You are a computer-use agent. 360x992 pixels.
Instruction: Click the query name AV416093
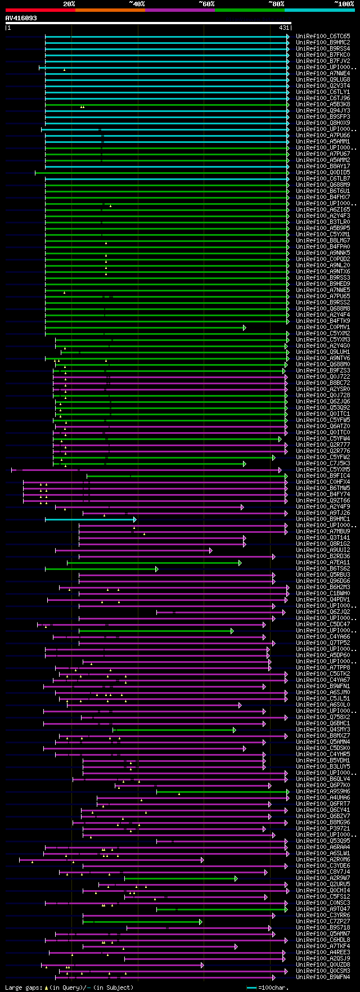pos(21,18)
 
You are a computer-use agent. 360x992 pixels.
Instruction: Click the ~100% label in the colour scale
pos(344,3)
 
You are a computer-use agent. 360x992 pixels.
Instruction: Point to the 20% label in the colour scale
pos(69,3)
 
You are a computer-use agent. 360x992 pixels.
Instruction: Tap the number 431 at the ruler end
pos(284,28)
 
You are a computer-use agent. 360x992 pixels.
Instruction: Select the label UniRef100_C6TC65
pos(323,37)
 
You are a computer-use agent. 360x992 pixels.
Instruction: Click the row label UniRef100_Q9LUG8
pos(323,80)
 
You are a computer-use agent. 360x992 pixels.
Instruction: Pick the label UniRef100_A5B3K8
pos(323,105)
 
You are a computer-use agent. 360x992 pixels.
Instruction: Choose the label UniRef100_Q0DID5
pos(323,173)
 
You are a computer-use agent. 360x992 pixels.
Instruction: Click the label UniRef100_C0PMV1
pos(323,327)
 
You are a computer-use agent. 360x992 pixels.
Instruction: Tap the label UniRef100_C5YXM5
pos(323,470)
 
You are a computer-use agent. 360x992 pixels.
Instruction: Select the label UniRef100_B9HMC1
pos(323,519)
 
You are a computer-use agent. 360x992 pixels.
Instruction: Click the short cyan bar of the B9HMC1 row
pos(90,519)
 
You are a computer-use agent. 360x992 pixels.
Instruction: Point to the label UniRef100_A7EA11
pos(323,563)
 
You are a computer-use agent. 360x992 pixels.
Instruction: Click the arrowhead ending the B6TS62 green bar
pos(157,569)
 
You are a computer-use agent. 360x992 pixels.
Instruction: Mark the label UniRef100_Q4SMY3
pos(323,730)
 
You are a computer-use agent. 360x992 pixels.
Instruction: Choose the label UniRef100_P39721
pos(323,829)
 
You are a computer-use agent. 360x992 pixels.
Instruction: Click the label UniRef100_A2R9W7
pos(323,878)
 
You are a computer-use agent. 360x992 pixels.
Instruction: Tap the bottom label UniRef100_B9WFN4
pos(323,977)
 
